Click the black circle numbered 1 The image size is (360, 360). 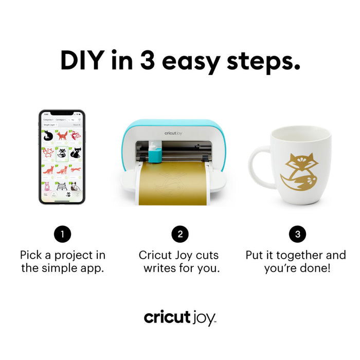pyautogui.click(x=62, y=235)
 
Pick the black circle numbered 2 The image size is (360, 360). pyautogui.click(x=179, y=235)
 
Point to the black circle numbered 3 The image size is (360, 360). pyautogui.click(x=297, y=235)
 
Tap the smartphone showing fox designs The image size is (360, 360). pyautogui.click(x=62, y=156)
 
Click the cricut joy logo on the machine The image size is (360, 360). pyautogui.click(x=174, y=133)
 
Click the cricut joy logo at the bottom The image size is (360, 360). pyautogui.click(x=179, y=317)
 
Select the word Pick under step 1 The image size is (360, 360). pyautogui.click(x=31, y=255)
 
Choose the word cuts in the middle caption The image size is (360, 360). pyautogui.click(x=208, y=255)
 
